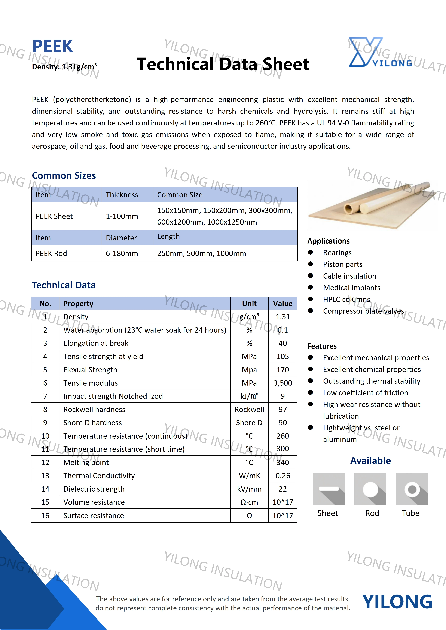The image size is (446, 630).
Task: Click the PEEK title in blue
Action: pos(52,46)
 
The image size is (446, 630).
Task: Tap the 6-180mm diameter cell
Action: pos(122,253)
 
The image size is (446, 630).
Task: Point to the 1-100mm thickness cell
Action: pos(122,216)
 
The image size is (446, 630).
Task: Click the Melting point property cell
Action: pos(86,462)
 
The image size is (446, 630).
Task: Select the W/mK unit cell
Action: pos(249,476)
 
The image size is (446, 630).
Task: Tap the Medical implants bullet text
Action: pos(351,288)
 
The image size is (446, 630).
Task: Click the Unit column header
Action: pos(249,304)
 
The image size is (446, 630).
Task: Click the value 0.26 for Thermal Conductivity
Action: pos(282,476)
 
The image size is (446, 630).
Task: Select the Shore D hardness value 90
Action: pos(282,423)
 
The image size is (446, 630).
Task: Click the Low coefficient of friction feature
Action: pos(366,393)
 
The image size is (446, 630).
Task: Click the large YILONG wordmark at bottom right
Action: pos(397,601)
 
